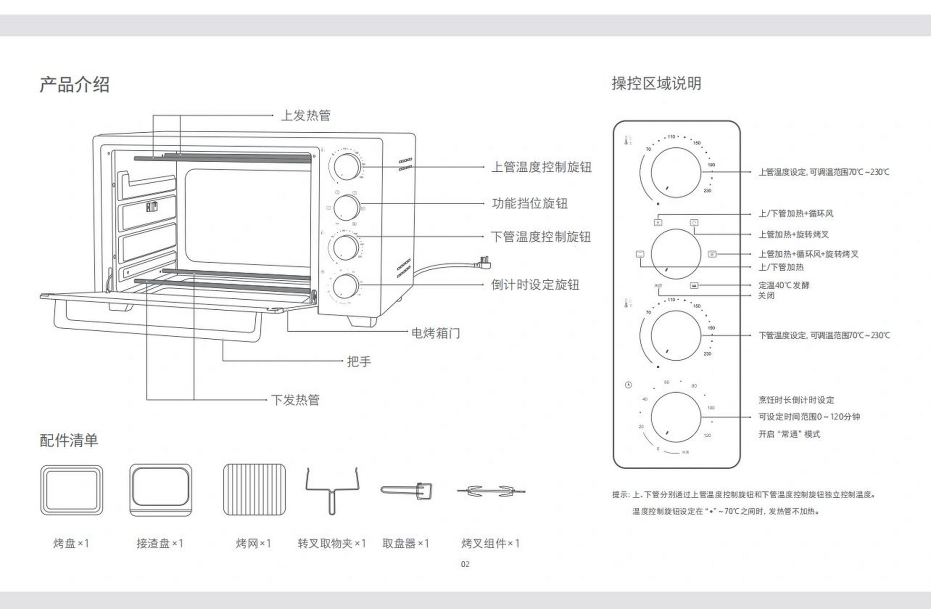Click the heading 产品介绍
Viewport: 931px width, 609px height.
pyautogui.click(x=75, y=85)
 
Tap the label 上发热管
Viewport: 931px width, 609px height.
pyautogui.click(x=306, y=115)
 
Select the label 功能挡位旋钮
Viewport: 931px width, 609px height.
pyautogui.click(x=529, y=204)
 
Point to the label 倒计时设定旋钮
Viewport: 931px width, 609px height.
pyautogui.click(x=535, y=285)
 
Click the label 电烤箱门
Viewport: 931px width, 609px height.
pyautogui.click(x=435, y=333)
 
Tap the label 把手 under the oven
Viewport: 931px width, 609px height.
pyautogui.click(x=359, y=362)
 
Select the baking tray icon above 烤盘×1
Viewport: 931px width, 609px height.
pyautogui.click(x=72, y=491)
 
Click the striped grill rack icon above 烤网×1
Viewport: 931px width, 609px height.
pyautogui.click(x=254, y=490)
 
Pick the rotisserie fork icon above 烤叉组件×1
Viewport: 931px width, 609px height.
pyautogui.click(x=491, y=491)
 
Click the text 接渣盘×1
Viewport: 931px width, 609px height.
pyautogui.click(x=160, y=543)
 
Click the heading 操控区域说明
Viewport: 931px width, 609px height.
pyautogui.click(x=656, y=83)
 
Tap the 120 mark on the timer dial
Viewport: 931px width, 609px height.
pyautogui.click(x=707, y=435)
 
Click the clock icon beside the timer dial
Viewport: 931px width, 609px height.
pyautogui.click(x=628, y=384)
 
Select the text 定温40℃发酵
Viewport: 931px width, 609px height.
pyautogui.click(x=783, y=285)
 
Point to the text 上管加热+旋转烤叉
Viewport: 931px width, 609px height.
pyautogui.click(x=793, y=234)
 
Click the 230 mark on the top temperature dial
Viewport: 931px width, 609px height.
pyautogui.click(x=708, y=191)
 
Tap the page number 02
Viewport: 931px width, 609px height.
pyautogui.click(x=465, y=564)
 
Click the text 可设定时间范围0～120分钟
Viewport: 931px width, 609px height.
pyautogui.click(x=809, y=417)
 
